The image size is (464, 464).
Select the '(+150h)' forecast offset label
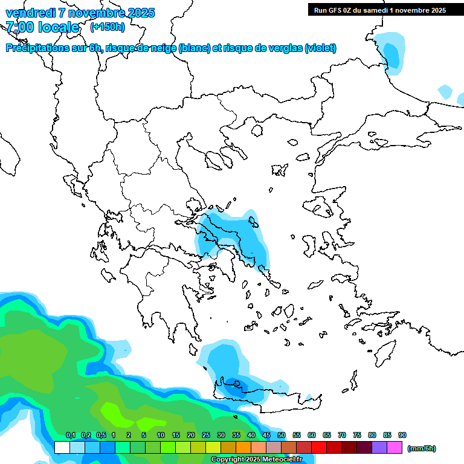click(x=108, y=27)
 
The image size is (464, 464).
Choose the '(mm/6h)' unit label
click(x=422, y=448)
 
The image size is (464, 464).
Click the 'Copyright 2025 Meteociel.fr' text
click(x=256, y=460)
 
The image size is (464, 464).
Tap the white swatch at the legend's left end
click(x=62, y=448)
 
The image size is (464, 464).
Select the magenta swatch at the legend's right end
click(x=395, y=448)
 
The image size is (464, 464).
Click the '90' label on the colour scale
click(x=402, y=435)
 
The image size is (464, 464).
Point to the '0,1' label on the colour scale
click(x=71, y=435)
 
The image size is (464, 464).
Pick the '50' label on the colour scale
click(x=282, y=435)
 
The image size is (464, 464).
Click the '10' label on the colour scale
click(x=161, y=435)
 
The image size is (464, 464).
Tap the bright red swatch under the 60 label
click(x=319, y=448)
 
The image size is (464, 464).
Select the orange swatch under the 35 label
click(x=243, y=448)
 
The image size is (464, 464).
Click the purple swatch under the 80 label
click(x=379, y=448)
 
